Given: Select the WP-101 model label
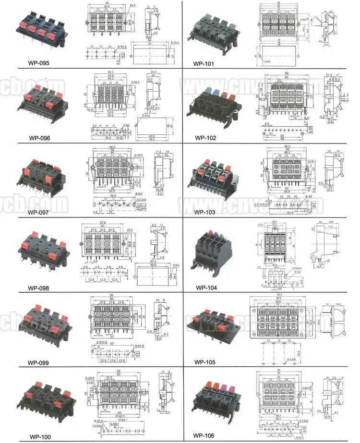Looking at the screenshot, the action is [x=205, y=63].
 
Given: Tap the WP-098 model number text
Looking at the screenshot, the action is [x=39, y=288].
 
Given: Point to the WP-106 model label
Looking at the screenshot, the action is [x=206, y=436].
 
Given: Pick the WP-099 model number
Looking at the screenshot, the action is [x=39, y=363].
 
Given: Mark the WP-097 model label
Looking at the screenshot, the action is [x=39, y=212].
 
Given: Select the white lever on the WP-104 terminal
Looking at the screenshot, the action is [x=210, y=233].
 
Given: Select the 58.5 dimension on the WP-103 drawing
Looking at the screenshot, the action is [x=287, y=146].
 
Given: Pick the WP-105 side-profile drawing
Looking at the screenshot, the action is [x=335, y=322].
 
